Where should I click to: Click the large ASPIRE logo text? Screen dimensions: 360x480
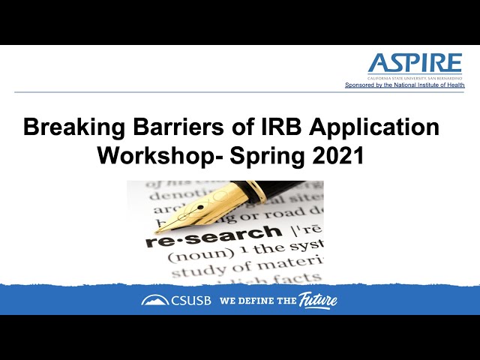(415, 64)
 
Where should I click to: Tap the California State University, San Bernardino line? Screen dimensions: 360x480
(415, 78)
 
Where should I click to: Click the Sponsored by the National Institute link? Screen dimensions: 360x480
(404, 85)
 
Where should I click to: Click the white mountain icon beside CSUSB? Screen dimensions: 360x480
(155, 301)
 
